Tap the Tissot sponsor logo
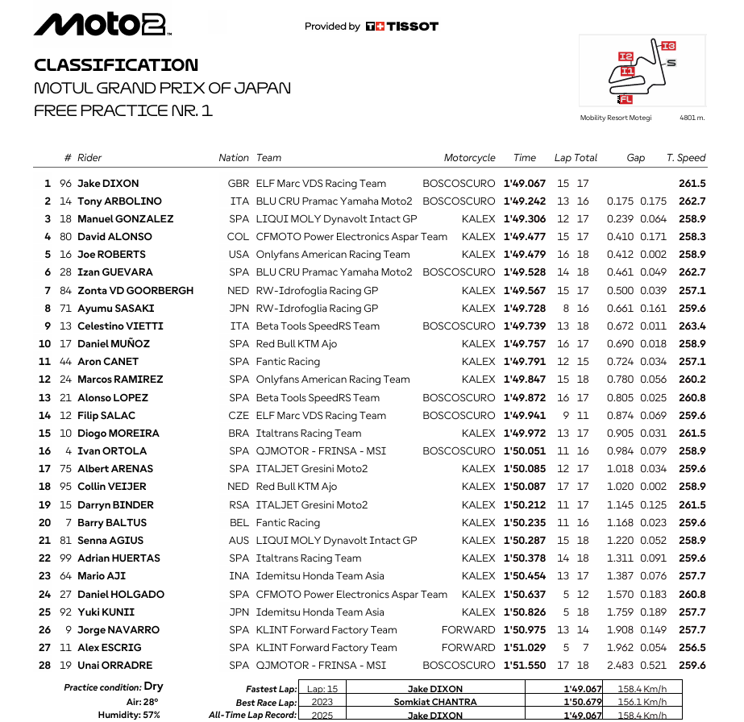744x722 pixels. pos(401,27)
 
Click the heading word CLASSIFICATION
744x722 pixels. pos(116,65)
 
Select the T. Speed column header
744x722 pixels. pos(686,158)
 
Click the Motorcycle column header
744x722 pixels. pos(470,158)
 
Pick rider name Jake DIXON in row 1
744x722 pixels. pos(108,184)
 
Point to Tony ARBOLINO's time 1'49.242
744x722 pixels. pos(524,201)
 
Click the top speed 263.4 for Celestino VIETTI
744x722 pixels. pos(692,326)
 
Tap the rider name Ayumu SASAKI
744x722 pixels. pos(115,309)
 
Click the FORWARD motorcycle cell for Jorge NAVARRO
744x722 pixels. pos(468,630)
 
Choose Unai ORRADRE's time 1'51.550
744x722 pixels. pos(524,666)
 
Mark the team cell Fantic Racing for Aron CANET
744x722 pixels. pos(288,362)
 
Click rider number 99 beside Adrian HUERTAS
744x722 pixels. pos(65,558)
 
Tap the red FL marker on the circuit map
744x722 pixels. pos(626,99)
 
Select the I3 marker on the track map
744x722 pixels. pos(668,46)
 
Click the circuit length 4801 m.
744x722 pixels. pos(692,118)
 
